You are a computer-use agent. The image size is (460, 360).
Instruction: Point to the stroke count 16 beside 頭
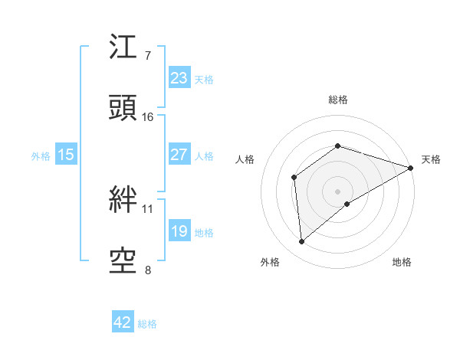tap(148, 117)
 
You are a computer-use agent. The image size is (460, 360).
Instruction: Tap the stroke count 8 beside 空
tap(148, 269)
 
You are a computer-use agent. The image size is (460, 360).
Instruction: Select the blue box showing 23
tap(179, 77)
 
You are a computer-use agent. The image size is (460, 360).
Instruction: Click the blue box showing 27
tap(179, 155)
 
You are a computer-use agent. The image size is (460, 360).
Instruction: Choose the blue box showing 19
tap(179, 231)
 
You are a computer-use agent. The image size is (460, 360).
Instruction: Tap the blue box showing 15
tap(66, 155)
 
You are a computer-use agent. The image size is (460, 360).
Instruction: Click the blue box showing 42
tap(123, 322)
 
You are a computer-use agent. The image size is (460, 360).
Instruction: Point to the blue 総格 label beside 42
tap(147, 324)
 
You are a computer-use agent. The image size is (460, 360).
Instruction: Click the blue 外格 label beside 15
tap(41, 156)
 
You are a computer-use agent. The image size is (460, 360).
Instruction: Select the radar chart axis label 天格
tap(431, 159)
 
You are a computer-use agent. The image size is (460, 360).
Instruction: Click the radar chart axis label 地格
tap(402, 262)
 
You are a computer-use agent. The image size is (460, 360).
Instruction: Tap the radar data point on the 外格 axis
tap(302, 242)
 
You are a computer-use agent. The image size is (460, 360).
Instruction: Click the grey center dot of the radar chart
tap(338, 191)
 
